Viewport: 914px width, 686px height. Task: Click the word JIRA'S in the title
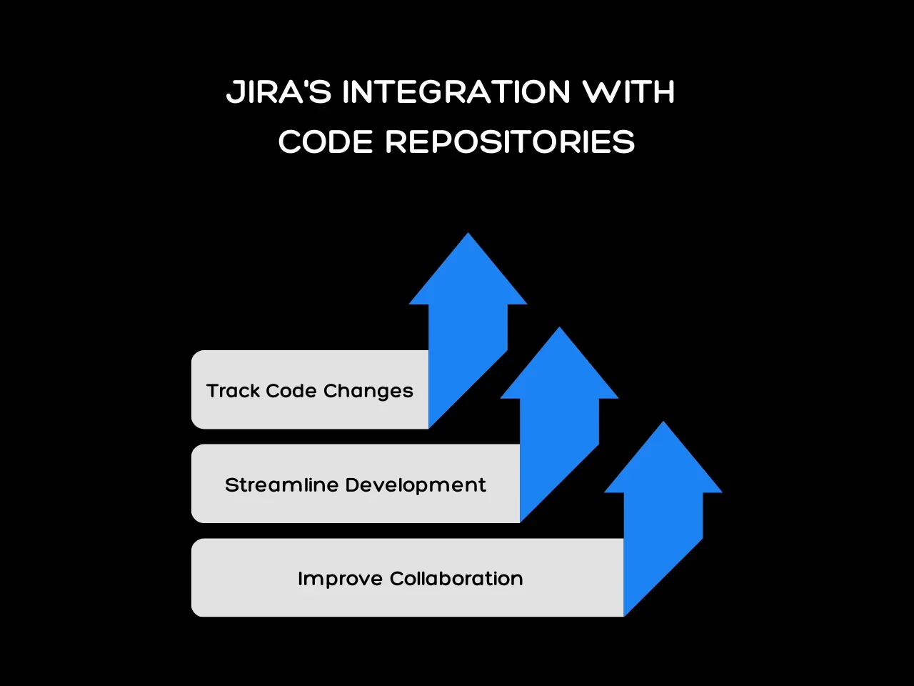278,92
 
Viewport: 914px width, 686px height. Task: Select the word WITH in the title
628,92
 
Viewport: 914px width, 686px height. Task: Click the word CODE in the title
326,141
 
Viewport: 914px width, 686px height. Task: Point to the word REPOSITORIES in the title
510,141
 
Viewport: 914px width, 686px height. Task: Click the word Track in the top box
233,391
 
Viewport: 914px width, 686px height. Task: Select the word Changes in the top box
368,392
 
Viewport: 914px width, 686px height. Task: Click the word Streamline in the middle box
281,485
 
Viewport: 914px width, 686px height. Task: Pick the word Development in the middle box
416,486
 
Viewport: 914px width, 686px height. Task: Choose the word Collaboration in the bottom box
456,579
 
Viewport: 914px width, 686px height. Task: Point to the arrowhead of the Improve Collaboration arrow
663,459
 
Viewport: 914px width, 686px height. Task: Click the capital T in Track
212,391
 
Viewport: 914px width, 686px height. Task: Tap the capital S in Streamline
231,485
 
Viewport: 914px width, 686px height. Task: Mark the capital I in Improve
301,579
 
